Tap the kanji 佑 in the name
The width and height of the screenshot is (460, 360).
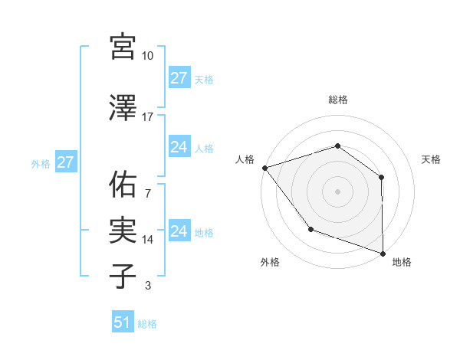[123, 184]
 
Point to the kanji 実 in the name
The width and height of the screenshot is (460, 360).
[123, 230]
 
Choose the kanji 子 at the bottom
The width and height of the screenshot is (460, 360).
[123, 276]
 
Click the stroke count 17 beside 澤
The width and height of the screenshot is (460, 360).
[148, 117]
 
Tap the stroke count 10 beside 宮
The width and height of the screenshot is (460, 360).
[148, 56]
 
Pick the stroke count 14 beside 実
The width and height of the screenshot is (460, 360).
[148, 240]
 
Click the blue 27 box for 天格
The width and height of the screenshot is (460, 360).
[179, 78]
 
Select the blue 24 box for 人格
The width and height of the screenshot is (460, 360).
[179, 147]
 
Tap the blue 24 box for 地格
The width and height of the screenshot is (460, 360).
[179, 231]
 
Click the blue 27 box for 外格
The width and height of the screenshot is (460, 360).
[65, 162]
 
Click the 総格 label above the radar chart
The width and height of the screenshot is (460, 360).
[337, 100]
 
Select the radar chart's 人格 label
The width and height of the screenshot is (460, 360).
[245, 159]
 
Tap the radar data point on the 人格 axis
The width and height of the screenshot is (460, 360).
[264, 167]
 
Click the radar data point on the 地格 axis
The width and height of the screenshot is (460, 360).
[383, 253]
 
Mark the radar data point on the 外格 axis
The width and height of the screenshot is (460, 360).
[310, 228]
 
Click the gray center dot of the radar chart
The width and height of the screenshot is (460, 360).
[337, 191]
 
